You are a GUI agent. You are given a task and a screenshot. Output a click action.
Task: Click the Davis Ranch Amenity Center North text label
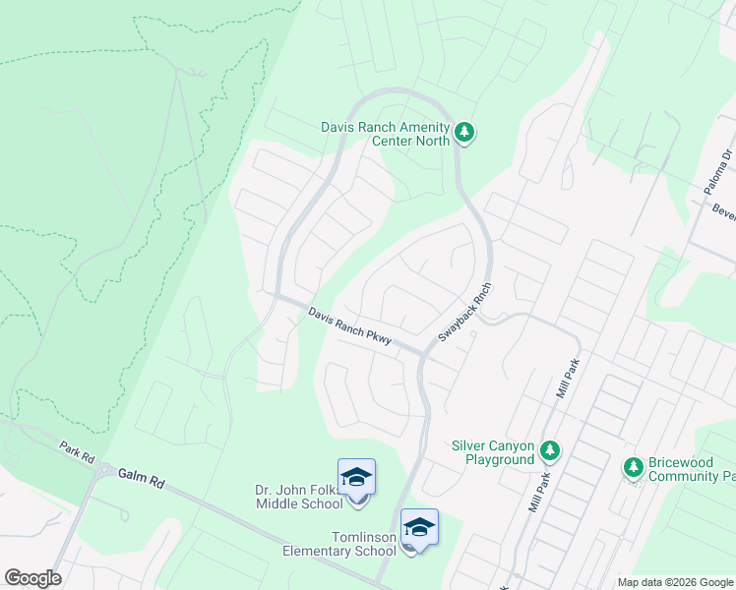coord(385,133)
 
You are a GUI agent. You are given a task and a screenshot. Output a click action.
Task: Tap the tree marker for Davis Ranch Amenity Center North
coord(464,132)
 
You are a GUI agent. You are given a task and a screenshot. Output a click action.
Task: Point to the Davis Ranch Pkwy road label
coord(349,326)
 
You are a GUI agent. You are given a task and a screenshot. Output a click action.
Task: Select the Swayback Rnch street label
coord(464,314)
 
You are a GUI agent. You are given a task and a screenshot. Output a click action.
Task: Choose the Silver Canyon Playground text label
coord(491,452)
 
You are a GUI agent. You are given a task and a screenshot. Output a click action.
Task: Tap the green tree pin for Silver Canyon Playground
coord(550,451)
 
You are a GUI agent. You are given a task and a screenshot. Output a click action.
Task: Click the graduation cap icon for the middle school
coord(356,478)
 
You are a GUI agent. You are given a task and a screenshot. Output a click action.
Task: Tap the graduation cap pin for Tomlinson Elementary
coord(419,528)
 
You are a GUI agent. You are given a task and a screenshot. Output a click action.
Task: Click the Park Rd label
coord(75,453)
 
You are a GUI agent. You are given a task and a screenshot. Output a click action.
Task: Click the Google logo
coord(32,578)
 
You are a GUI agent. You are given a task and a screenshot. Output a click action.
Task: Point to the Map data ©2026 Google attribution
coord(675,582)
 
